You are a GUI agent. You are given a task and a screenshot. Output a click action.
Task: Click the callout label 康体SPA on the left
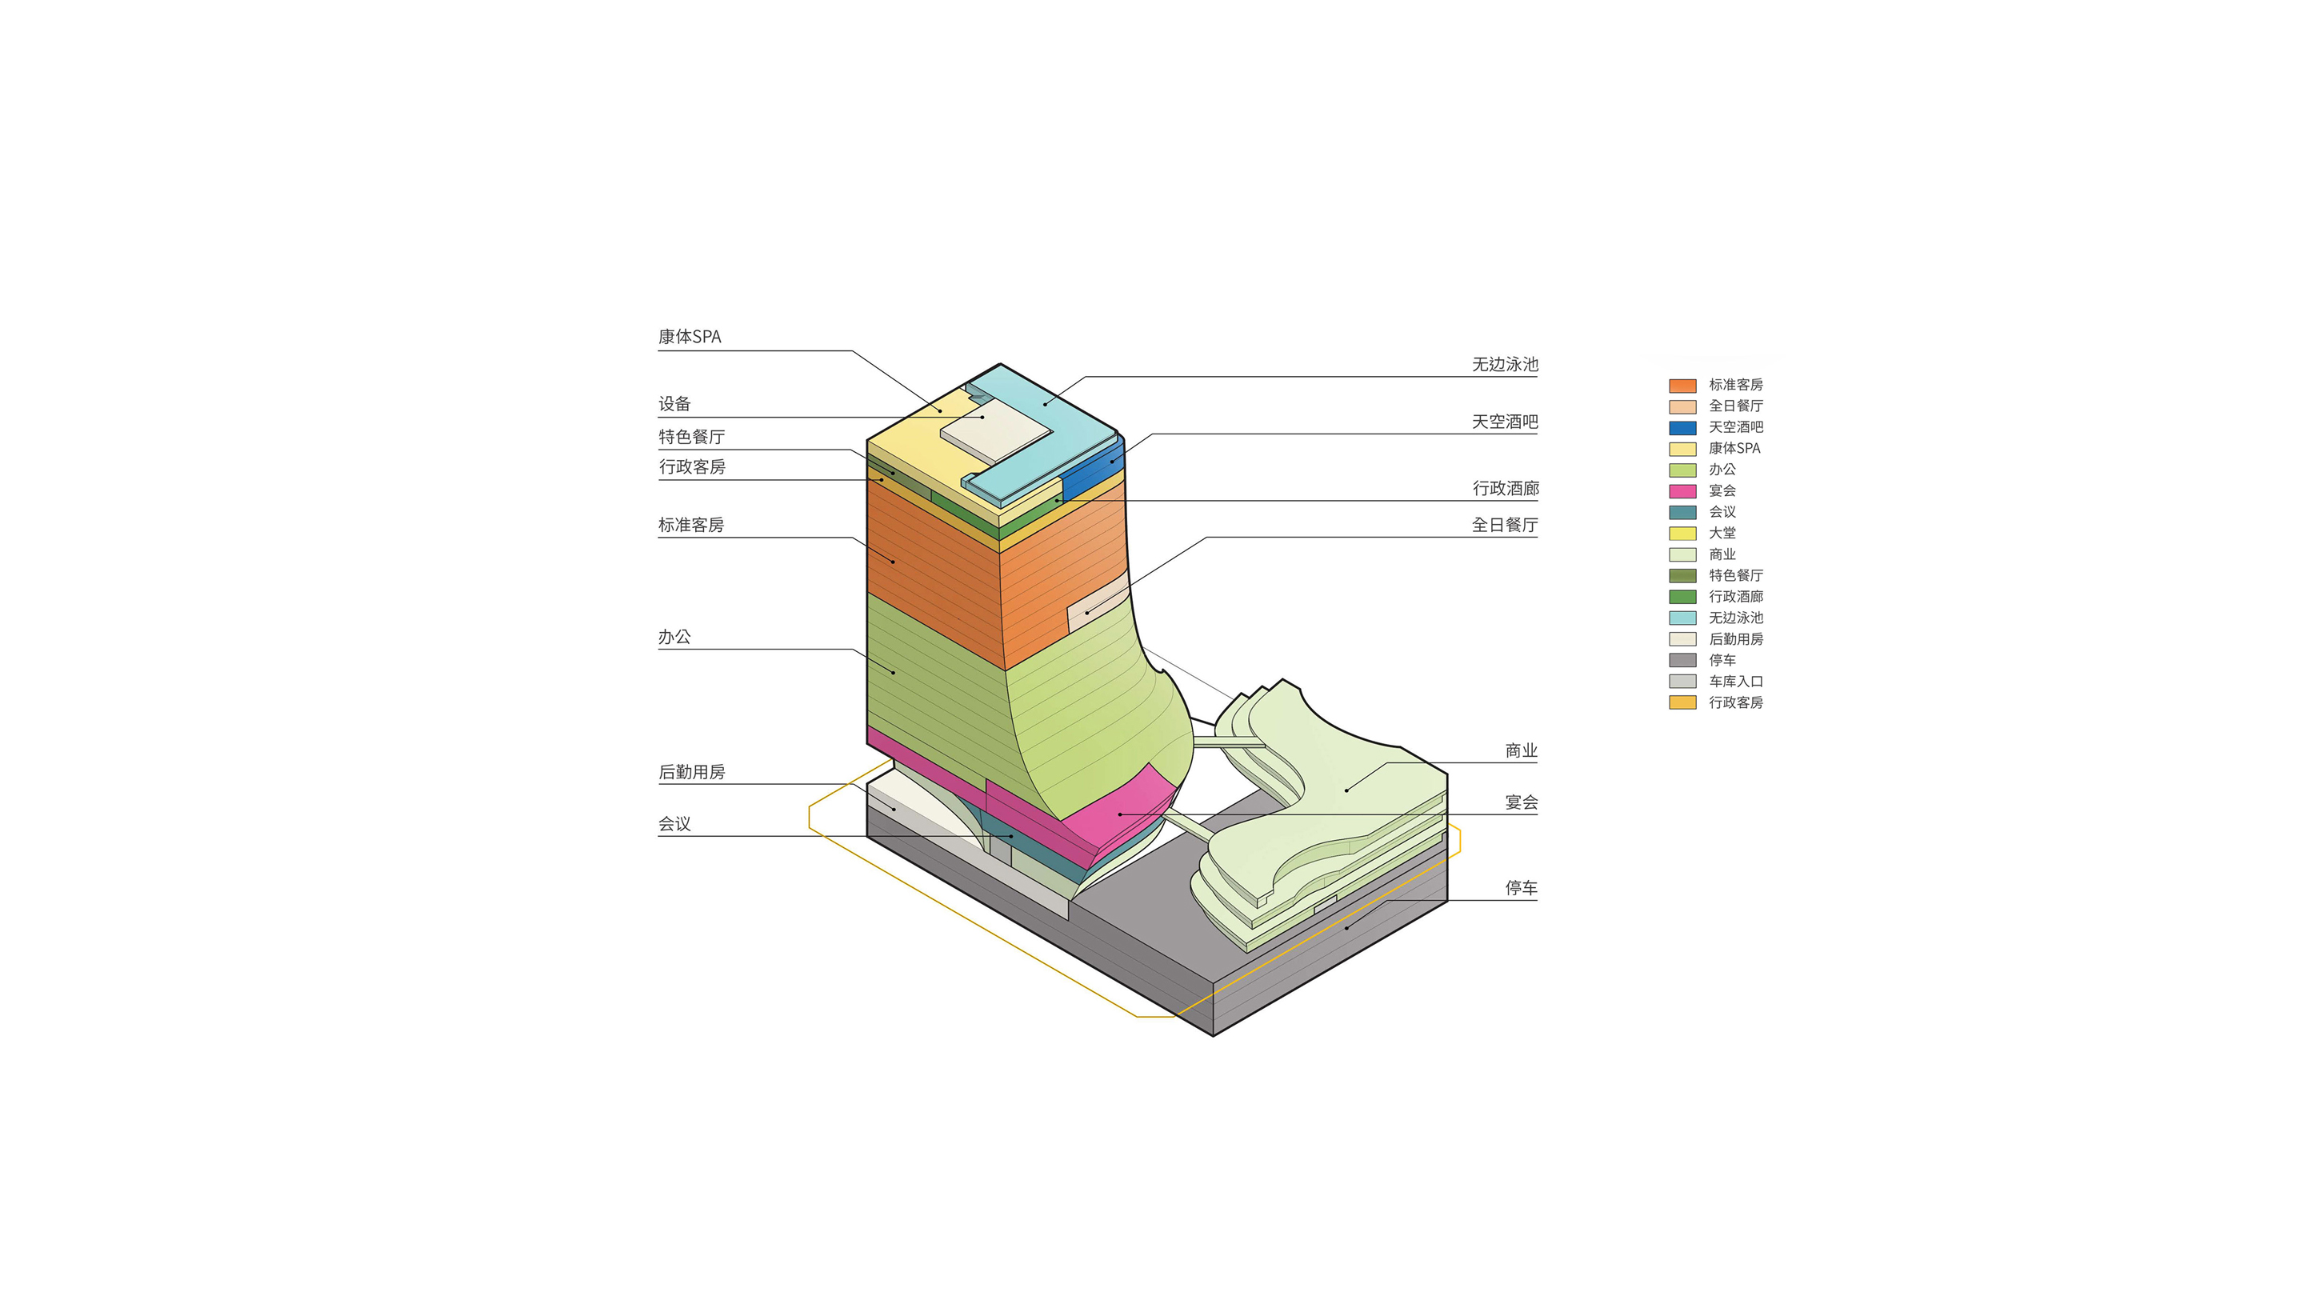[x=690, y=337]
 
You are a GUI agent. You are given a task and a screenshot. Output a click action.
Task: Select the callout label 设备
[x=674, y=404]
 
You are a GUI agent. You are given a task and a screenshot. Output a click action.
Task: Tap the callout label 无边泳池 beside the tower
[x=1506, y=365]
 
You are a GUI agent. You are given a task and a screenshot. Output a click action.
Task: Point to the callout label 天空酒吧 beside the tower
[x=1506, y=422]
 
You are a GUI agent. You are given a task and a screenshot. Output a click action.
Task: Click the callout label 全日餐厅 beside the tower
[x=1506, y=525]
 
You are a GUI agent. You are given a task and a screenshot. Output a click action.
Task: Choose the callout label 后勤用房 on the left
[x=691, y=772]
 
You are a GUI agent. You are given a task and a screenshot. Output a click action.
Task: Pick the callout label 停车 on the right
[x=1522, y=888]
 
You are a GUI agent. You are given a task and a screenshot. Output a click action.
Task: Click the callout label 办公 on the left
[x=674, y=637]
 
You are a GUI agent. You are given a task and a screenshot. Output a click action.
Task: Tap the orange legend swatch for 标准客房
[x=1682, y=386]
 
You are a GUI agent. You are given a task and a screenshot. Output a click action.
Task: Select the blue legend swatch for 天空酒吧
[x=1682, y=427]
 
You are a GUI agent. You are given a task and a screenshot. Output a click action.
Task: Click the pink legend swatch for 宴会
[x=1682, y=491]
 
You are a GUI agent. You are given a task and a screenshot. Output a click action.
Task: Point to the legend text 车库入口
[x=1736, y=682]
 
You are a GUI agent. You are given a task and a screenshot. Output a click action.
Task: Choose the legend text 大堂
[x=1722, y=533]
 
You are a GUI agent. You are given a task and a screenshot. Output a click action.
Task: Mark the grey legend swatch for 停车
[x=1682, y=660]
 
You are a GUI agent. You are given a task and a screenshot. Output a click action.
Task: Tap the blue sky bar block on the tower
[x=1093, y=469]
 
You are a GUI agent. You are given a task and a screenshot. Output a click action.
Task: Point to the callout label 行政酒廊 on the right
[x=1506, y=488]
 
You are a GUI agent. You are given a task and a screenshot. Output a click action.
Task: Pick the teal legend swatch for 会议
[x=1682, y=513]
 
